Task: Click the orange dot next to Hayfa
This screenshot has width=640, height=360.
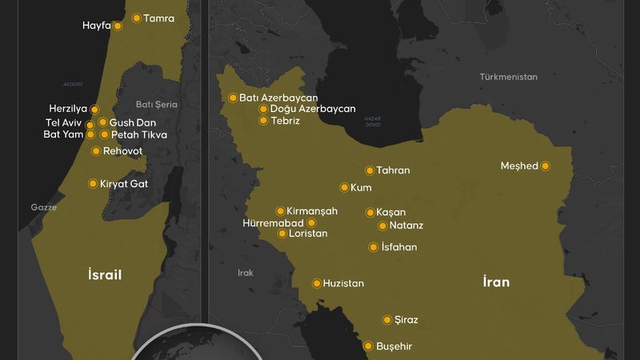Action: click(x=118, y=26)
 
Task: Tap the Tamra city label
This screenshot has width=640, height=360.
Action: click(x=158, y=18)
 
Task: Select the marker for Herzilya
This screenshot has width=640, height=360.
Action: click(x=94, y=109)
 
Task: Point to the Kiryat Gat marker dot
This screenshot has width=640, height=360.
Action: click(x=93, y=184)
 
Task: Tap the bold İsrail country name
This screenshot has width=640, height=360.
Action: click(x=105, y=275)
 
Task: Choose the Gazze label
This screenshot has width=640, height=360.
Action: click(x=44, y=206)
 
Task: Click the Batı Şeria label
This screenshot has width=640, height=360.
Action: click(x=156, y=104)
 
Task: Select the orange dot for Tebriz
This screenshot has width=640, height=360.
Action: click(x=263, y=121)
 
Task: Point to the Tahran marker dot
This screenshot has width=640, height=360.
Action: click(x=370, y=170)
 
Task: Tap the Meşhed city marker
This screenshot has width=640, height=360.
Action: click(x=546, y=166)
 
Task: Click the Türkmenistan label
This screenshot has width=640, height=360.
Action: click(x=509, y=77)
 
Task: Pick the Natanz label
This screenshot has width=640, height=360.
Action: click(x=406, y=226)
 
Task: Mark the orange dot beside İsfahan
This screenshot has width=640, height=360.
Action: click(x=373, y=247)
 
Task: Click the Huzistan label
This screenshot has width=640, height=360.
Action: click(x=344, y=283)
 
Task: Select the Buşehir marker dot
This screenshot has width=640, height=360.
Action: click(x=368, y=346)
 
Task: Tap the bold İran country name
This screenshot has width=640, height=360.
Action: click(x=496, y=282)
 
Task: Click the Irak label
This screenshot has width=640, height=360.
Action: click(x=246, y=273)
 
